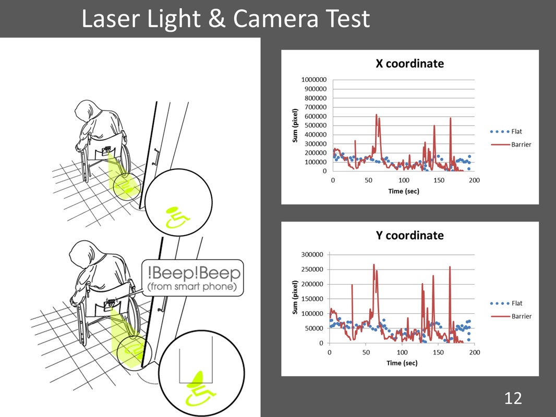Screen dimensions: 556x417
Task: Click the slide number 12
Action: (x=513, y=398)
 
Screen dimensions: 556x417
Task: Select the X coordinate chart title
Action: (x=409, y=64)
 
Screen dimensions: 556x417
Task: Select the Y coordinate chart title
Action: (x=409, y=235)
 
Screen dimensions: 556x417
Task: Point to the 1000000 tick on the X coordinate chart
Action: (x=314, y=80)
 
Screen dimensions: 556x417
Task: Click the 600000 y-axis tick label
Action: (x=316, y=116)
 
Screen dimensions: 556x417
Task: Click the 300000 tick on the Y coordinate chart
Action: (x=312, y=254)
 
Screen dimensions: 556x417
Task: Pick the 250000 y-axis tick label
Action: (x=312, y=269)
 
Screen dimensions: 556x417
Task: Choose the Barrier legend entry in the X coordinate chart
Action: (x=511, y=144)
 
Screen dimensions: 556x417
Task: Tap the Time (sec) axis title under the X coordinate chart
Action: (x=404, y=191)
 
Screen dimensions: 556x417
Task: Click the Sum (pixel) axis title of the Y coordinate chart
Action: (x=295, y=297)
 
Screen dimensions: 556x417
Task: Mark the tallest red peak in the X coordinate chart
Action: (x=376, y=115)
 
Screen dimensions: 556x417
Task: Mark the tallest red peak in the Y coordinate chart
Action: (x=374, y=265)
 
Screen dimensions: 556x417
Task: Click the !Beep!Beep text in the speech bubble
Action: (x=194, y=273)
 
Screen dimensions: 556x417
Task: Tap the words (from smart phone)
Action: (x=192, y=286)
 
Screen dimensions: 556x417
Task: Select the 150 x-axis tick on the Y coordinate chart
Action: (x=438, y=352)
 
